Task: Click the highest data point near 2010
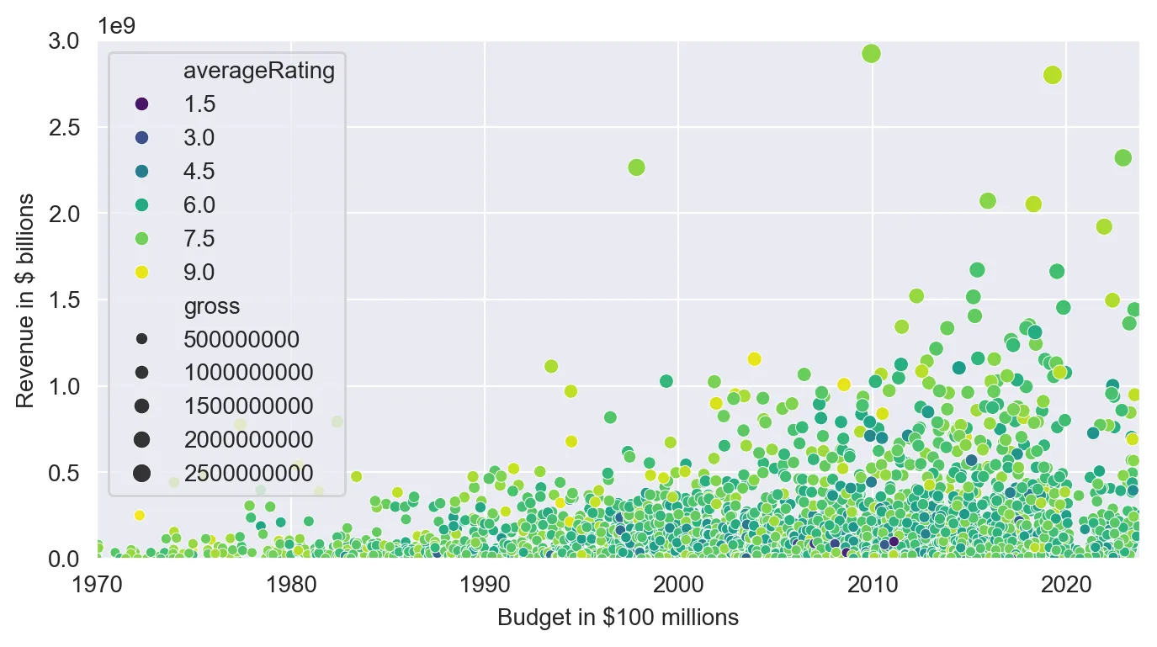871,54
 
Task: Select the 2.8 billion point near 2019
1052,74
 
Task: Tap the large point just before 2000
636,167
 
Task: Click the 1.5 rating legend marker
141,103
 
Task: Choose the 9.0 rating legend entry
141,272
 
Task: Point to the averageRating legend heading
259,72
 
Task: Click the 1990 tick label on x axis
485,582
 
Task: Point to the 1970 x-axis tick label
98,582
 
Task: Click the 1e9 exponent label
116,25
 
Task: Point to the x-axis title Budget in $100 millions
618,618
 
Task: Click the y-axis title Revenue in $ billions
26,300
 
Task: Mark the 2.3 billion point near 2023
1123,157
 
